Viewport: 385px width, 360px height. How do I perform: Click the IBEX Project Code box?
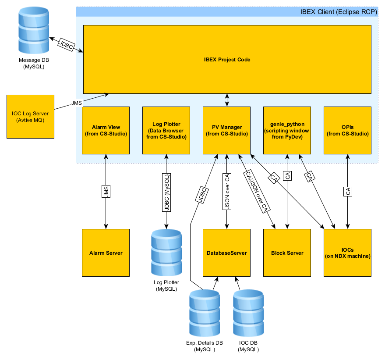pyautogui.click(x=227, y=59)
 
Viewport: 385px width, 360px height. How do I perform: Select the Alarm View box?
pyautogui.click(x=106, y=130)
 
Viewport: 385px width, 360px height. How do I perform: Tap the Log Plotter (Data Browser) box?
pyautogui.click(x=166, y=130)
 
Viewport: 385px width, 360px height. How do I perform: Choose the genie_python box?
pyautogui.click(x=287, y=130)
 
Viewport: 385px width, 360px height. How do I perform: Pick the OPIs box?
pyautogui.click(x=347, y=130)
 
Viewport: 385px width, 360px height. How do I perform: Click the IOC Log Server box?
pyautogui.click(x=30, y=116)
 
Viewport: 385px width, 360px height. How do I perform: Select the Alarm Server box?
pyautogui.click(x=106, y=253)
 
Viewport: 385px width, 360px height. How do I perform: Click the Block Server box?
pyautogui.click(x=287, y=253)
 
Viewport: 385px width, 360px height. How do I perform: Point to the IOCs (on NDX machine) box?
pyautogui.click(x=347, y=253)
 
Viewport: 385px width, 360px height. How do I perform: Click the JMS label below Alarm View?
pyautogui.click(x=106, y=192)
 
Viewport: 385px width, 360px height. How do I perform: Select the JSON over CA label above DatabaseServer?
pyautogui.click(x=226, y=192)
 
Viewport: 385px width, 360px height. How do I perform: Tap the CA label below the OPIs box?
pyautogui.click(x=347, y=192)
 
